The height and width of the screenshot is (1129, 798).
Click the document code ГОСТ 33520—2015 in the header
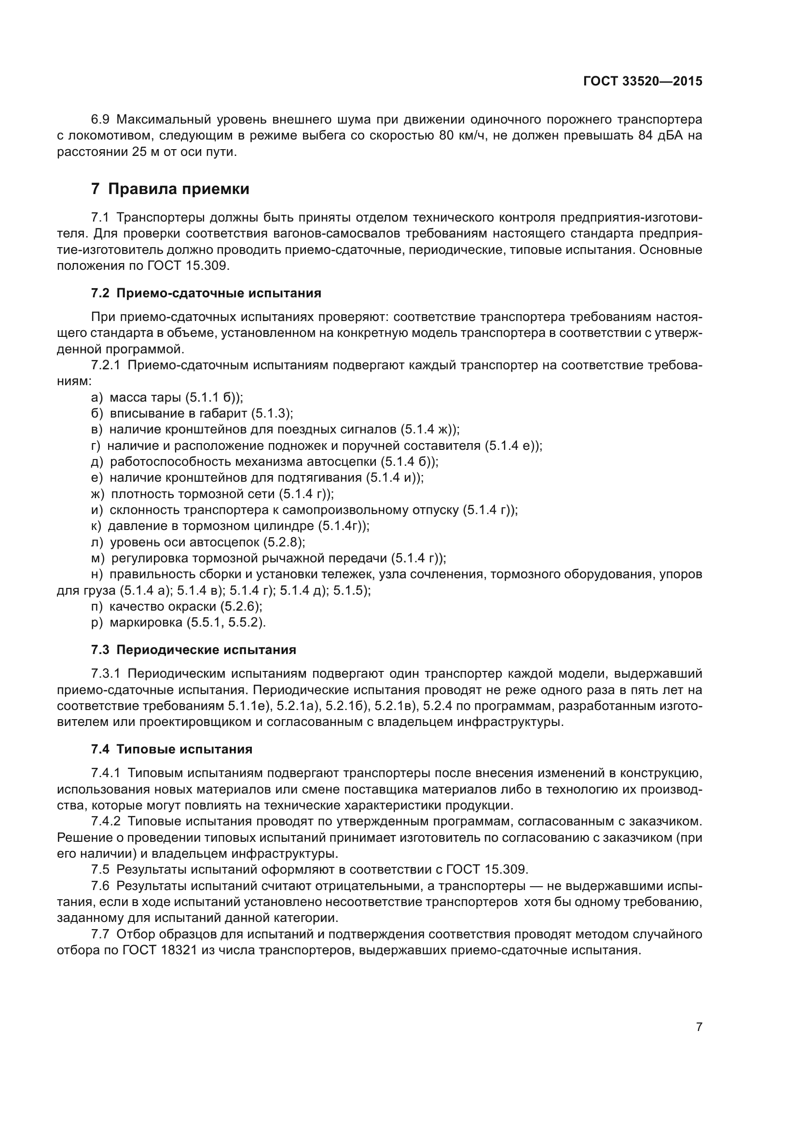pos(643,82)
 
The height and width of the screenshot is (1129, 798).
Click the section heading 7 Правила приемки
pos(170,189)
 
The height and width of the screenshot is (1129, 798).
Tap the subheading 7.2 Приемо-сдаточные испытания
pos(206,293)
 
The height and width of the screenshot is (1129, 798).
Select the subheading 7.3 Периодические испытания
pos(193,650)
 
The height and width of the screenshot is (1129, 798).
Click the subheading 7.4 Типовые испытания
pos(171,750)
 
